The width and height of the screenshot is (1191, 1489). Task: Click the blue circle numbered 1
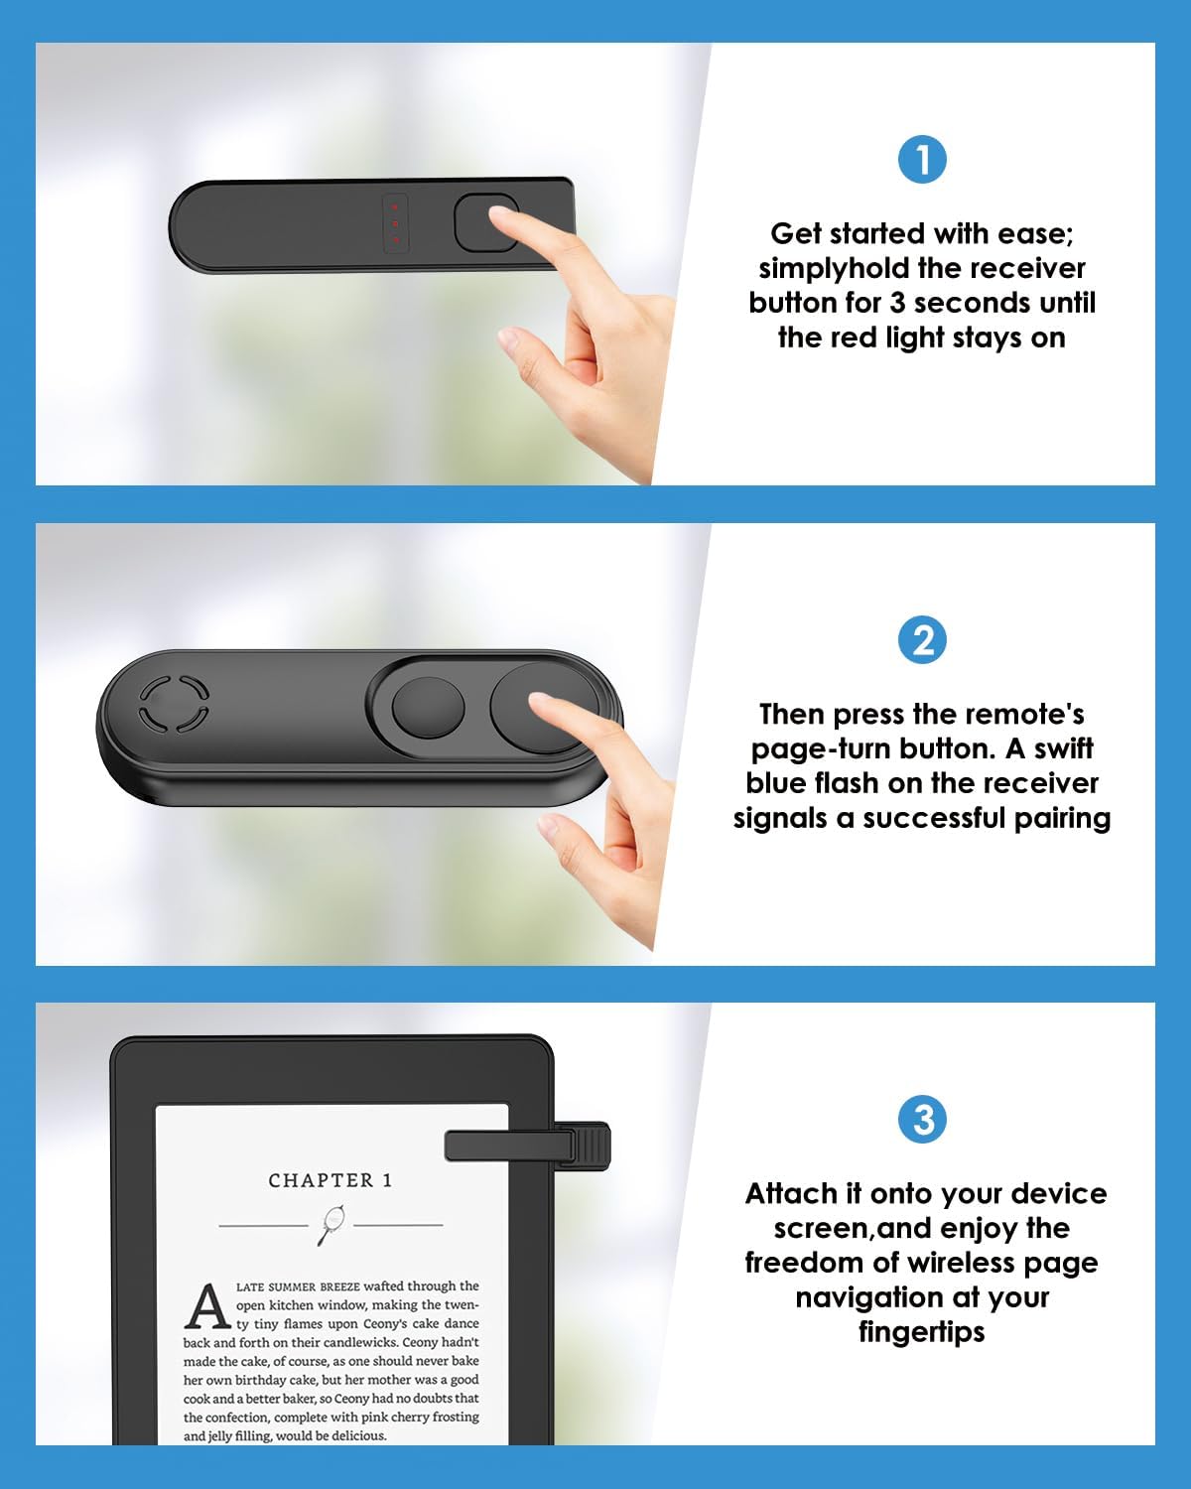[x=922, y=160]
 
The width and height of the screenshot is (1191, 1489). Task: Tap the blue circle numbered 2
[x=922, y=640]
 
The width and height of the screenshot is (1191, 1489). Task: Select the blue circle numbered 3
[x=922, y=1120]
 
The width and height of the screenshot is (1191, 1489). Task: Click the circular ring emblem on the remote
[x=174, y=704]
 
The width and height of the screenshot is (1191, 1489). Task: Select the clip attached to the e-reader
[x=527, y=1146]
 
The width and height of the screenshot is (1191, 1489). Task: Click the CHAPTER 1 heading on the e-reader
[x=331, y=1180]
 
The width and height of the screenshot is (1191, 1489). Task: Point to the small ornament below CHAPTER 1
[x=331, y=1224]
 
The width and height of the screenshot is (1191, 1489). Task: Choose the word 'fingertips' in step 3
[x=922, y=1331]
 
